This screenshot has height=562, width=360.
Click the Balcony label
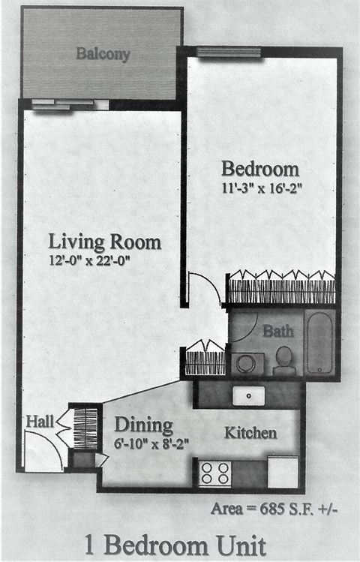(103, 54)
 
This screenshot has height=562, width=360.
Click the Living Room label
(104, 242)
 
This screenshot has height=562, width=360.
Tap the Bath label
(277, 331)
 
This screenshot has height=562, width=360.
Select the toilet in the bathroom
(284, 361)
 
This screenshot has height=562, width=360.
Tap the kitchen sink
(248, 395)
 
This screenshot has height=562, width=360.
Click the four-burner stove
(215, 473)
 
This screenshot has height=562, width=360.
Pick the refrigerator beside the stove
(283, 472)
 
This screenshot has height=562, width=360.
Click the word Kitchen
(250, 433)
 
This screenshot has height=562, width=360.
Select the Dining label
(143, 425)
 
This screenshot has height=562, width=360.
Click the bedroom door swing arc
(204, 289)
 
